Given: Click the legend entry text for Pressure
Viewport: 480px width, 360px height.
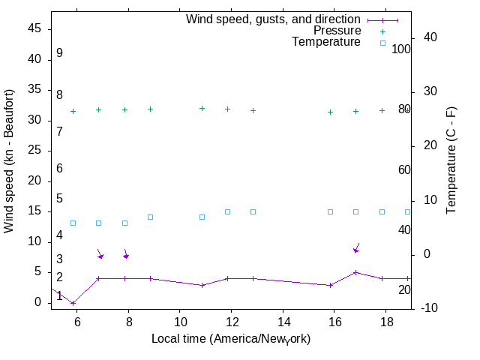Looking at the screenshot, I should tap(337, 31).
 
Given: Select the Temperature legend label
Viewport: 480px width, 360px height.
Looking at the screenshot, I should tap(326, 42).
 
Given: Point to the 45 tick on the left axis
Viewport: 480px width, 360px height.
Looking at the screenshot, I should tap(34, 28).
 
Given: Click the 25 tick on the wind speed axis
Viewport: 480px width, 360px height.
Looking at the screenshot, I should tap(34, 150).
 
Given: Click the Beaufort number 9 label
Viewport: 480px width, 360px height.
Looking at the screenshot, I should tap(59, 53).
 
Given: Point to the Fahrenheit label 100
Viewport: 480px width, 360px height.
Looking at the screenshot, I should tap(401, 49).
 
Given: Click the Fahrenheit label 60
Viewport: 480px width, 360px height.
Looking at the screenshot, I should tap(404, 169).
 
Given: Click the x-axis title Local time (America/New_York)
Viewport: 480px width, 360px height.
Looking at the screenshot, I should tap(231, 339).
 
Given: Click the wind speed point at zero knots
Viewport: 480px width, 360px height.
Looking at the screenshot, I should tap(73, 303).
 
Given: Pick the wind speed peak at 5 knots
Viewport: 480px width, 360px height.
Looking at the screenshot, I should tap(355, 272).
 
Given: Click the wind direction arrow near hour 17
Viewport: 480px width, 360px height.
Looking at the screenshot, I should tap(357, 247).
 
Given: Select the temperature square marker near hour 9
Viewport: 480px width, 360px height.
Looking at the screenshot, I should tap(150, 217).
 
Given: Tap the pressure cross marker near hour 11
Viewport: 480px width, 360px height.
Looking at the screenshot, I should tap(202, 109).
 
